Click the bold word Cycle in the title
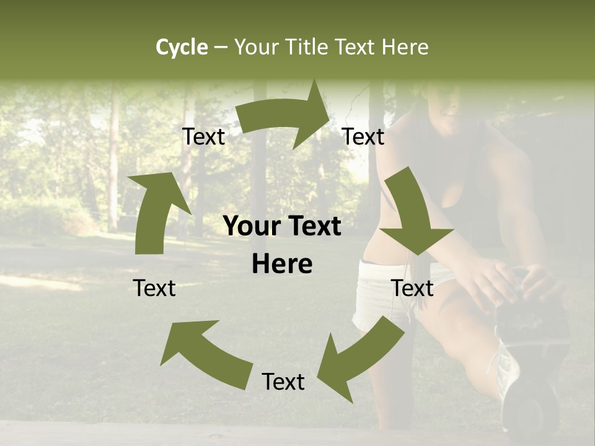tap(182, 47)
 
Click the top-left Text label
tap(203, 137)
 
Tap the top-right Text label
tap(363, 137)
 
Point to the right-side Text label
tap(412, 288)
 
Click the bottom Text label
tap(283, 382)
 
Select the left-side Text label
tap(154, 288)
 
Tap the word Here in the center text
tap(282, 265)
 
